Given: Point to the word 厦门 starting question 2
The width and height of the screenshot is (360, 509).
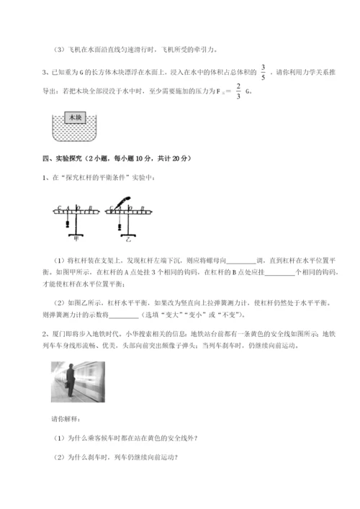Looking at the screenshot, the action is click(x=60, y=333).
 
